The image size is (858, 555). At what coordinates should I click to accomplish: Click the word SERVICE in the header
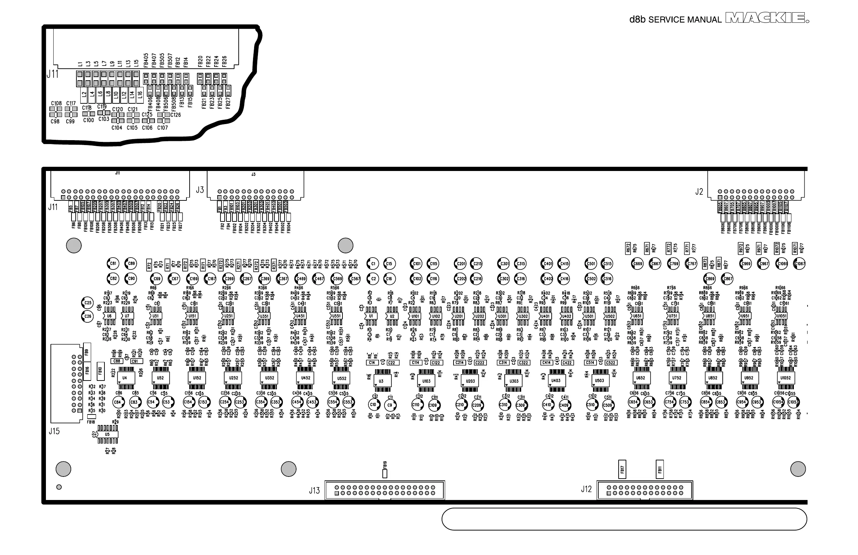(x=664, y=20)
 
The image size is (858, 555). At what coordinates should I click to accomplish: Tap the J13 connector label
(x=314, y=491)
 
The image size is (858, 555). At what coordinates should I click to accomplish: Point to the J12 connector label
(x=586, y=489)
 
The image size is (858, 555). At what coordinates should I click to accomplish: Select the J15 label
(x=54, y=431)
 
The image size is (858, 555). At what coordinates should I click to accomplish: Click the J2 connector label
(x=699, y=192)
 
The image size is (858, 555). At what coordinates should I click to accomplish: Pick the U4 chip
(x=125, y=378)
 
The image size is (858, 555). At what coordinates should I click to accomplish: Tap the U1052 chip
(x=785, y=378)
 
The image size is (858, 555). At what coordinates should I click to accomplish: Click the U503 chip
(x=600, y=381)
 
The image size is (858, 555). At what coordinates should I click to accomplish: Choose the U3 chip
(x=381, y=381)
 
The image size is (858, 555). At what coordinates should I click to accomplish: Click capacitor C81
(x=113, y=263)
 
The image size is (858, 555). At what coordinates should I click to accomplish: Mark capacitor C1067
(x=799, y=264)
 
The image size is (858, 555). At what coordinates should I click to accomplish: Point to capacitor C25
(x=88, y=303)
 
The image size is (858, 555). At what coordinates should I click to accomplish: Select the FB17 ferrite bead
(x=622, y=469)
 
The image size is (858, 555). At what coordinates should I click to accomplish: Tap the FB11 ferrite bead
(x=660, y=469)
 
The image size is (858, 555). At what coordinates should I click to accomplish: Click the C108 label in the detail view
(x=56, y=103)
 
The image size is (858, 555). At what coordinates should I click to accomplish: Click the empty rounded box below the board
(x=624, y=519)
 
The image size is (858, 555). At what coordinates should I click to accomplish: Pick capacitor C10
(x=373, y=405)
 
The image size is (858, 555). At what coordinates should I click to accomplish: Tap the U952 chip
(x=749, y=378)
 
